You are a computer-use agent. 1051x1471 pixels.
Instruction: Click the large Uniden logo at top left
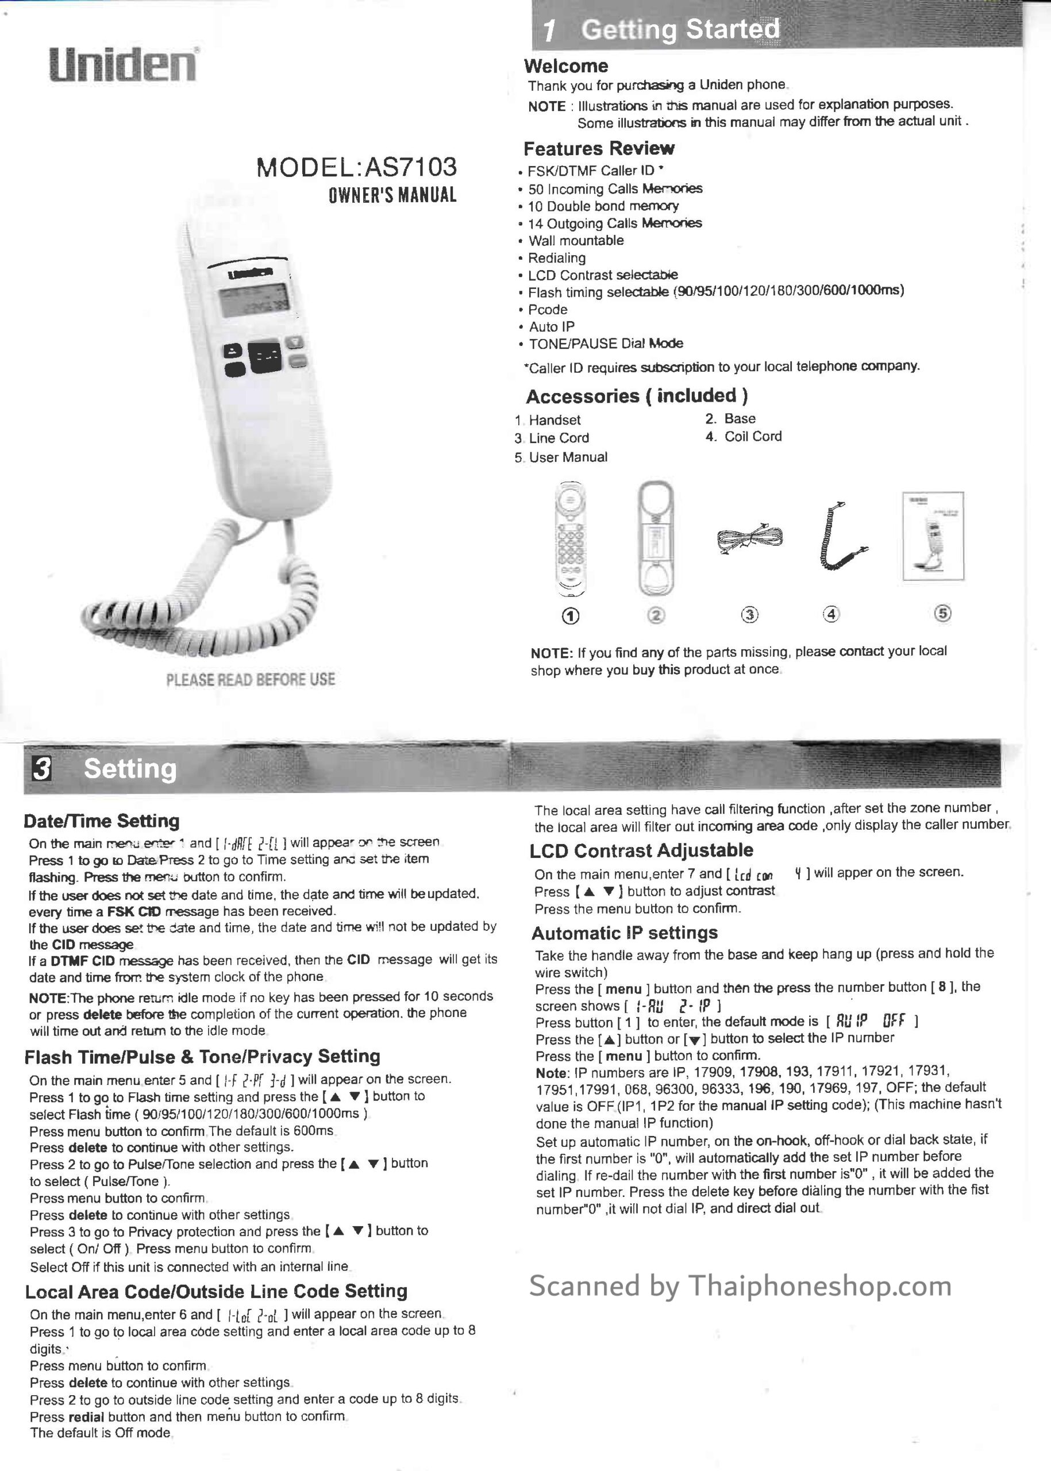pos(123,65)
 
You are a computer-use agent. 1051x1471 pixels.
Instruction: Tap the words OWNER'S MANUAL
pos(392,195)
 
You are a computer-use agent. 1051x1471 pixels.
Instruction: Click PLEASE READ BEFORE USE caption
pos(251,680)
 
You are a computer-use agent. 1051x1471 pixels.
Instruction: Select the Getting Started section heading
pos(680,30)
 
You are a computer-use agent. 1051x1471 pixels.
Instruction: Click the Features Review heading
pos(599,149)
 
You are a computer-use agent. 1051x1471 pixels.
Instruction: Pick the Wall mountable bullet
pos(575,241)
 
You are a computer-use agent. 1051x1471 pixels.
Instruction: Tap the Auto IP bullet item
pos(550,327)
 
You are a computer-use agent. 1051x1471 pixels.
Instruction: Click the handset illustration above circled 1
pos(570,538)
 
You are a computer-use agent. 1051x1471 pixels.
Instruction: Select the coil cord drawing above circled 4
pos(841,537)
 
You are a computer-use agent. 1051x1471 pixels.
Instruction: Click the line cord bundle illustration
pos(749,538)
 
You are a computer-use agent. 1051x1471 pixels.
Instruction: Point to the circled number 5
pos(943,614)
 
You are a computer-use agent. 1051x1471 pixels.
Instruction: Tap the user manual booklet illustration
pos(933,536)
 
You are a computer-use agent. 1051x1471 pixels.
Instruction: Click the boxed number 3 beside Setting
pos(42,769)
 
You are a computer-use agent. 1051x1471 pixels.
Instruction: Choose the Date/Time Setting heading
pos(102,821)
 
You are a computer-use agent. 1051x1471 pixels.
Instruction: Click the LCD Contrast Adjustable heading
pos(641,850)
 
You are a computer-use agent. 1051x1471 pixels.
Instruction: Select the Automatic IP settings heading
pos(625,933)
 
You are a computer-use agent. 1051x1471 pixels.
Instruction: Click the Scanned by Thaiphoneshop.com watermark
pos(740,1286)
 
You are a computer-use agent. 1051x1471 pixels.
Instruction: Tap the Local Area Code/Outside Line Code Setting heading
pos(216,1291)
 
